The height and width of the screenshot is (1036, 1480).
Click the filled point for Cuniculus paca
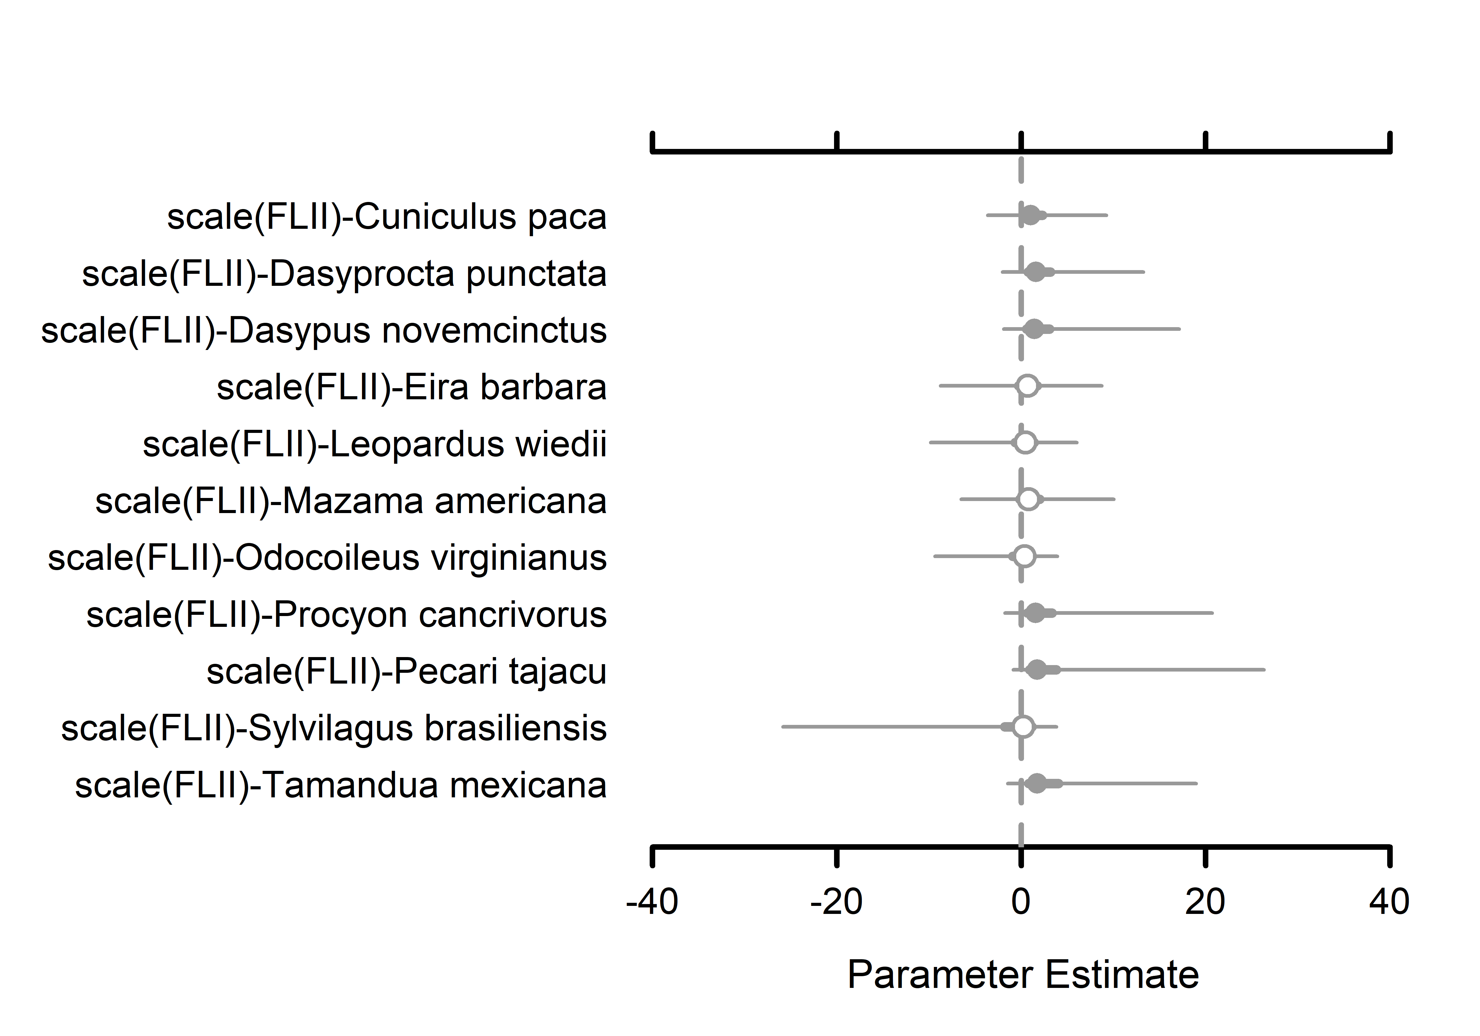point(1031,215)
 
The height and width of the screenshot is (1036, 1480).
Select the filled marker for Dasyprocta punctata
point(1035,272)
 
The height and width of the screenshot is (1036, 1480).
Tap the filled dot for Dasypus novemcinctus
point(1033,329)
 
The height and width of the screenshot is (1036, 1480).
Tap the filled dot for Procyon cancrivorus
point(1035,613)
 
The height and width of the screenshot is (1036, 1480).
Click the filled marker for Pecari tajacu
point(1037,670)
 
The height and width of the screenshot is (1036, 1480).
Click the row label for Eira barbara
point(411,388)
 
